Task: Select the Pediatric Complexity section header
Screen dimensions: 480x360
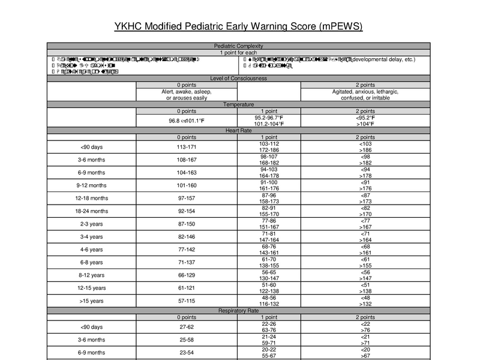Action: point(239,46)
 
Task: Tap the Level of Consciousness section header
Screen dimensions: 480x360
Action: point(239,78)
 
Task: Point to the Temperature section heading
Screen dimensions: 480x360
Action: point(239,104)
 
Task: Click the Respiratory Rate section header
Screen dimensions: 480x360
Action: point(239,310)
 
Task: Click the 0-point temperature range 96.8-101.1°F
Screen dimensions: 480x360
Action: point(187,120)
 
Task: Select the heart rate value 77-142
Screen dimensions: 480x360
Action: point(187,250)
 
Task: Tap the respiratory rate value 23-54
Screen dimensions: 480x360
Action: point(187,353)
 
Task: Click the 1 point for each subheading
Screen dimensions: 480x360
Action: point(239,53)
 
